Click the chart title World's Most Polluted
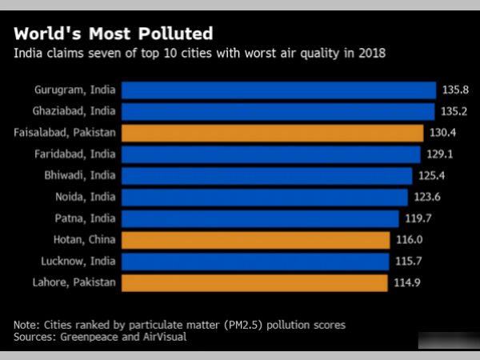tap(113, 34)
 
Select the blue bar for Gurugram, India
tap(278, 90)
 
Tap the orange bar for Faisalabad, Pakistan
tap(272, 133)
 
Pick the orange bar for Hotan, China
tap(255, 239)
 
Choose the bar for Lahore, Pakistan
tap(254, 282)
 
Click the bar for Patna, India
tap(260, 218)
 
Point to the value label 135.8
tap(452, 90)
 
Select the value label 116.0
tap(406, 239)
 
